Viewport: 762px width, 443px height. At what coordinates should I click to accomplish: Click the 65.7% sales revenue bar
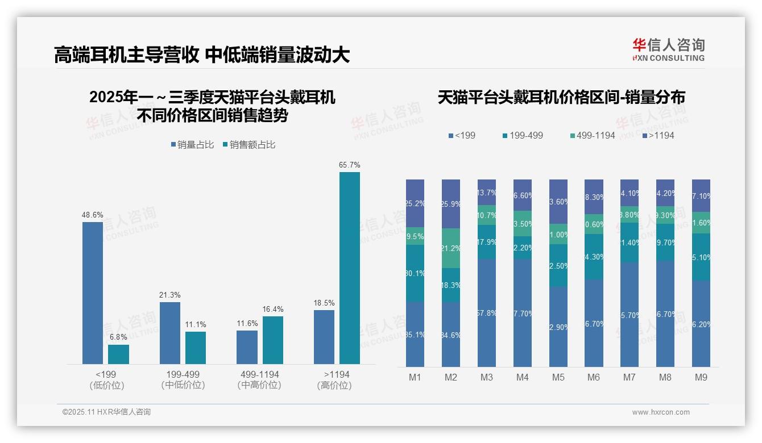tap(350, 268)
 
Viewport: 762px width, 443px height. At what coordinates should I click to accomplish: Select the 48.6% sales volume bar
tap(93, 292)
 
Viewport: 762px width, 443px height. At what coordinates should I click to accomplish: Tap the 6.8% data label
tap(118, 337)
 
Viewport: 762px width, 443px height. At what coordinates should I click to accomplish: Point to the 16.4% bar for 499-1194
tap(273, 340)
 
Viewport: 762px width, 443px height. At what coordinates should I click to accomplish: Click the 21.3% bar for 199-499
tap(170, 333)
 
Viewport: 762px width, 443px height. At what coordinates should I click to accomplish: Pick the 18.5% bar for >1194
tap(324, 337)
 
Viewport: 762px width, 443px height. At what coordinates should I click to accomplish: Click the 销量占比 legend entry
tap(192, 145)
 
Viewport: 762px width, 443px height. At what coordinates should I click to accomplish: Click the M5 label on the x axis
tap(558, 377)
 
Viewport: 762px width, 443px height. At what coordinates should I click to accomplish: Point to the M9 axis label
tap(701, 377)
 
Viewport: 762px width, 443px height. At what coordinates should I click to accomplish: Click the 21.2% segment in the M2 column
tap(451, 248)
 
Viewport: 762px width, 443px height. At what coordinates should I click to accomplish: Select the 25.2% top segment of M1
tap(415, 203)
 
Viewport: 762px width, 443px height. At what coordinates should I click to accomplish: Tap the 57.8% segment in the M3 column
tap(487, 313)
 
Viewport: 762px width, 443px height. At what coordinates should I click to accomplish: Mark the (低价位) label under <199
tap(107, 385)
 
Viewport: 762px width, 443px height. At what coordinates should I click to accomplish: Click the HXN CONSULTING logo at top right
tap(668, 49)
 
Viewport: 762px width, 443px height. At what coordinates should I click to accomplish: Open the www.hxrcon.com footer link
tap(661, 412)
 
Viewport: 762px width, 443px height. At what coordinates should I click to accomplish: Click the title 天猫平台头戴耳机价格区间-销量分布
tap(561, 97)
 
